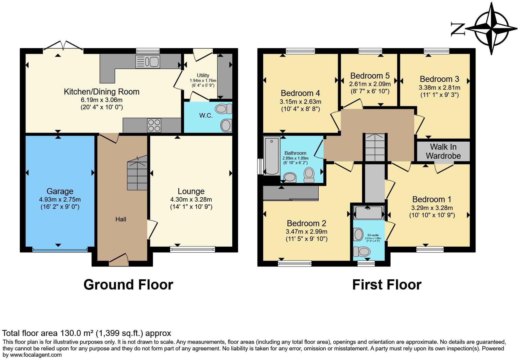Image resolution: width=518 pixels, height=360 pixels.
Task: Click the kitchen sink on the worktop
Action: coord(148,61)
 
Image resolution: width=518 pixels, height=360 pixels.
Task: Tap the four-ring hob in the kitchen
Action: coord(154,125)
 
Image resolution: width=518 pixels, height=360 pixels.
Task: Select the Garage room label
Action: coord(60,191)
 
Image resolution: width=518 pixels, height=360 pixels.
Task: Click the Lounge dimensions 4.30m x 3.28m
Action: coord(191,199)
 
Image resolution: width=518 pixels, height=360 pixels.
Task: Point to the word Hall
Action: coord(121,219)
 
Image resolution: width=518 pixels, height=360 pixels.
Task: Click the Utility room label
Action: coord(203,75)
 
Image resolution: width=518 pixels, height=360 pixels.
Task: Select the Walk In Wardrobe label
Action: coord(443,151)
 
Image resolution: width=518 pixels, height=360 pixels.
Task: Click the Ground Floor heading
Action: coord(128,284)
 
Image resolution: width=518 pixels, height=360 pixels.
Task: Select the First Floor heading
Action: coord(387,284)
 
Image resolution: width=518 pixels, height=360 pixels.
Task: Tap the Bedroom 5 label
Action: coord(370,76)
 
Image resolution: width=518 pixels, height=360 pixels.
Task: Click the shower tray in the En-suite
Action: coord(369,213)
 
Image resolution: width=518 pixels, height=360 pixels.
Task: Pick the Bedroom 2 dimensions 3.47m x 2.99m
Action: coord(306,232)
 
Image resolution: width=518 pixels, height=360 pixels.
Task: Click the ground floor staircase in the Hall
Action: coord(137,175)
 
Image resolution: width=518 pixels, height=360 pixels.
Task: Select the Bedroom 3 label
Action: coord(439,79)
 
